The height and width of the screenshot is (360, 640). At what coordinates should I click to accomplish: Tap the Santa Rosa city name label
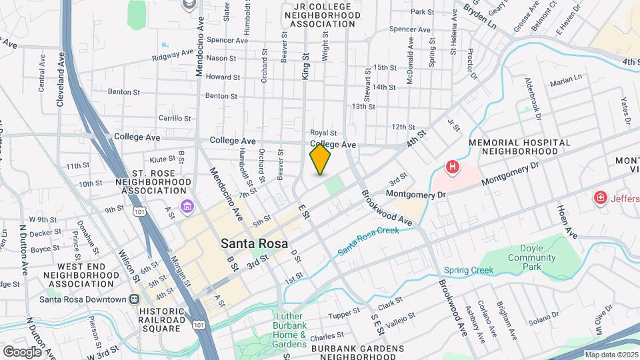click(255, 244)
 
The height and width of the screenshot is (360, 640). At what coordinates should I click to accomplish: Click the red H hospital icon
click(453, 167)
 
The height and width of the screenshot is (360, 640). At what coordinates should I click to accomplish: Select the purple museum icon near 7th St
click(187, 205)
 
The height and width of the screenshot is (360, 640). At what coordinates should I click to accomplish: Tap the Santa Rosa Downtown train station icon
click(134, 300)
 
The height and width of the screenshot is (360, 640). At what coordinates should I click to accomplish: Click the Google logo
click(22, 351)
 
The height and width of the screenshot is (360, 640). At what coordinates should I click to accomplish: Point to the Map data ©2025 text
click(611, 355)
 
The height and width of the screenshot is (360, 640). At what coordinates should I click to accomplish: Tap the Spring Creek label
click(469, 270)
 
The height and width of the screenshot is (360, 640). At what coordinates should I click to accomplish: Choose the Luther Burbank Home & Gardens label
click(289, 330)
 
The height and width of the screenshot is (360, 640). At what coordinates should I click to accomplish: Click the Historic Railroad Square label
click(160, 319)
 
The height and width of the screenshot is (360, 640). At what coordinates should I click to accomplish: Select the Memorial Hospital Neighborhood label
click(519, 147)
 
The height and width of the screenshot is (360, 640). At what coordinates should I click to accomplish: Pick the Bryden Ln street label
click(480, 11)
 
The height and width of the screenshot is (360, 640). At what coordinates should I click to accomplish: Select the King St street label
click(306, 67)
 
